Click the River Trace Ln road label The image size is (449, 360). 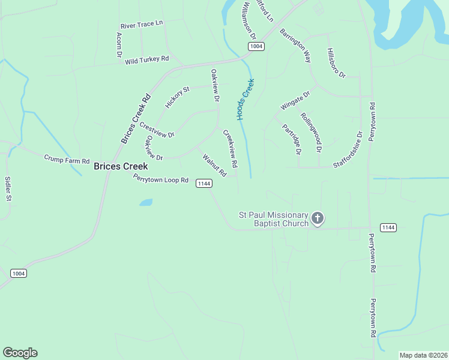click(142, 24)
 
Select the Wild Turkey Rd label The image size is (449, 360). click(147, 60)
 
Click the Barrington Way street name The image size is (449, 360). click(295, 46)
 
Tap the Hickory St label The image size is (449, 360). click(178, 97)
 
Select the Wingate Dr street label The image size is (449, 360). click(295, 100)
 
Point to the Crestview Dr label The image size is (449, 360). click(156, 130)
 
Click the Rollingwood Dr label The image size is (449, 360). click(312, 132)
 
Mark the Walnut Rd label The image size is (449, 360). click(214, 166)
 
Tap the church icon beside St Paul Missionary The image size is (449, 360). click(318, 218)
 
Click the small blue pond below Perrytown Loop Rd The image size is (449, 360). click(146, 202)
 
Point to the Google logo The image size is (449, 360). click(20, 353)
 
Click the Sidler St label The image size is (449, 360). click(8, 188)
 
